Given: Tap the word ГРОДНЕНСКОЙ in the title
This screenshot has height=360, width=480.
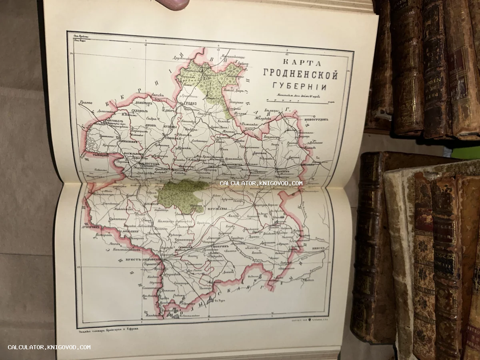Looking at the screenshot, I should point(300,75).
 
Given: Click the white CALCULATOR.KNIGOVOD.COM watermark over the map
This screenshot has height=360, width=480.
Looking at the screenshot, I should point(261,183).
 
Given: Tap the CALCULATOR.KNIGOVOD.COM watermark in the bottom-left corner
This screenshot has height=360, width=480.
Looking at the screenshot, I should point(49,347).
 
